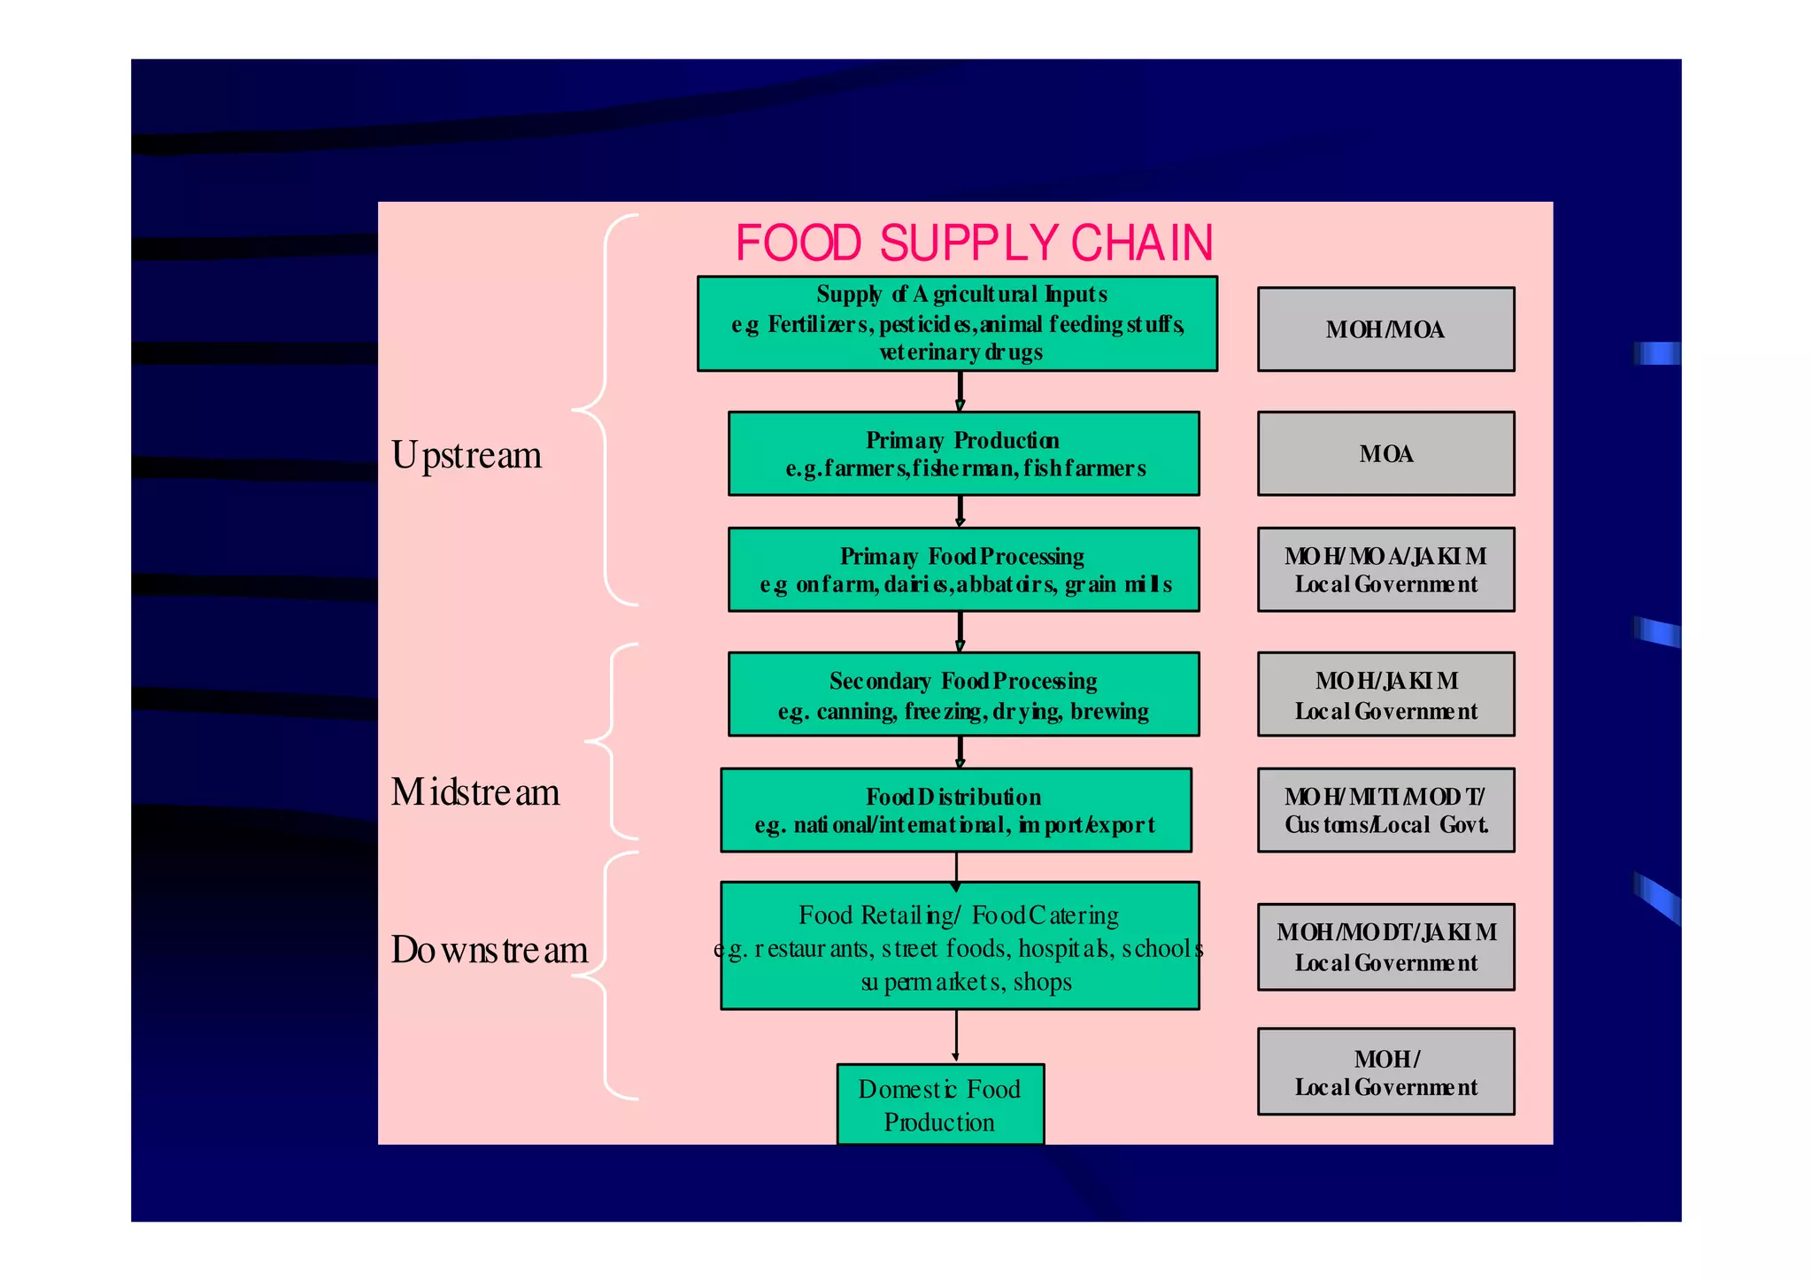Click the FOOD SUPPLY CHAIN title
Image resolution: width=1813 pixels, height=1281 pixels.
click(x=974, y=243)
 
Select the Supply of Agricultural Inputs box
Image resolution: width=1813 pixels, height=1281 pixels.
click(x=957, y=324)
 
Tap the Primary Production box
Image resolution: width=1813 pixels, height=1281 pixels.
click(x=963, y=453)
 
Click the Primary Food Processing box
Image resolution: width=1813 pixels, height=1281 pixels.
click(x=963, y=569)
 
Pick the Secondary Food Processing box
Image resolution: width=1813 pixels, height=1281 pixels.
click(x=963, y=694)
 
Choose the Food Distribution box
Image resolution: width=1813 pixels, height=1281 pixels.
click(x=955, y=810)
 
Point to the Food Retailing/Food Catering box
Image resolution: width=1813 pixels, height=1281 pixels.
click(x=960, y=945)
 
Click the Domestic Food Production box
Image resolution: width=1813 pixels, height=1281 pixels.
click(x=940, y=1104)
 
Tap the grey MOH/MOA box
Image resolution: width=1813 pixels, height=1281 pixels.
click(x=1385, y=329)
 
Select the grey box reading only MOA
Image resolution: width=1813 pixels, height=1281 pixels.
click(x=1385, y=453)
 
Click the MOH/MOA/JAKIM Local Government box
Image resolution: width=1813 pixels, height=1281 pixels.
click(x=1385, y=569)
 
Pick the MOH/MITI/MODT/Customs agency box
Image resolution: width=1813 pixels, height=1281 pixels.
click(x=1385, y=810)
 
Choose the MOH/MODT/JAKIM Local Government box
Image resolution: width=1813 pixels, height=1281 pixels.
click(x=1385, y=946)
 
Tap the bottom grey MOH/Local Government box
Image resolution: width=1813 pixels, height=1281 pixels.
click(x=1385, y=1071)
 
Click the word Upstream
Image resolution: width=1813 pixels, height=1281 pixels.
click(x=467, y=455)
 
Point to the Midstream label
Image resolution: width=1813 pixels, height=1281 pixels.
click(x=475, y=792)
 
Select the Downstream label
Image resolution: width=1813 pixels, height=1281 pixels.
click(x=490, y=950)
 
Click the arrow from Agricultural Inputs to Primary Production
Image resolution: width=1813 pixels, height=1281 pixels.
click(x=960, y=391)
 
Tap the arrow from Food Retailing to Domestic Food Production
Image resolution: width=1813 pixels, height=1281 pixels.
click(x=956, y=1036)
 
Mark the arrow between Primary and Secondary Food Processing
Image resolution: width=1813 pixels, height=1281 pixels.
click(x=960, y=632)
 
